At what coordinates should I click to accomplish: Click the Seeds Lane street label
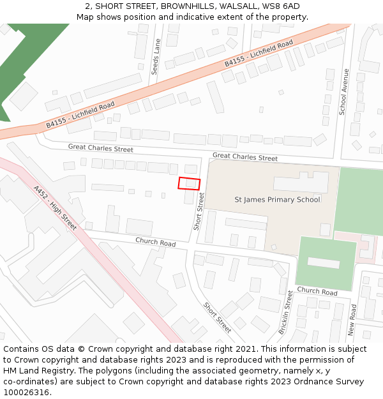(x=156, y=57)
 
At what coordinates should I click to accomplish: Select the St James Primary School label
(x=278, y=200)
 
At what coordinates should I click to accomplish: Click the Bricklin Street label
(x=285, y=312)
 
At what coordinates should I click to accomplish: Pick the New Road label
(x=352, y=320)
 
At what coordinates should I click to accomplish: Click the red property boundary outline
(x=189, y=183)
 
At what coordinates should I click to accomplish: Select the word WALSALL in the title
(x=237, y=6)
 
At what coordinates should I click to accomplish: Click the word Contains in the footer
(x=22, y=349)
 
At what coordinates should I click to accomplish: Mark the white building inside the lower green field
(x=324, y=263)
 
